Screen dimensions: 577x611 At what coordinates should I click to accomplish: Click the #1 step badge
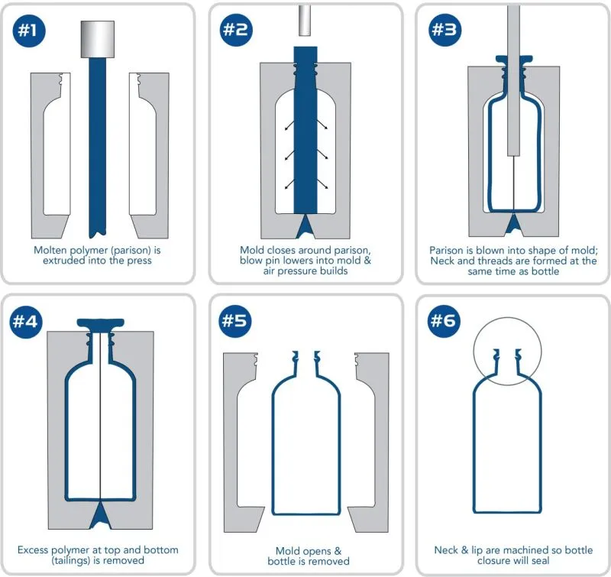tap(31, 31)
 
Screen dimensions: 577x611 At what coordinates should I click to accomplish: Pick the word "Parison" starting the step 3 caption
tap(448, 250)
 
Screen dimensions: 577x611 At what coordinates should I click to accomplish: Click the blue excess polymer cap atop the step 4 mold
tap(101, 323)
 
